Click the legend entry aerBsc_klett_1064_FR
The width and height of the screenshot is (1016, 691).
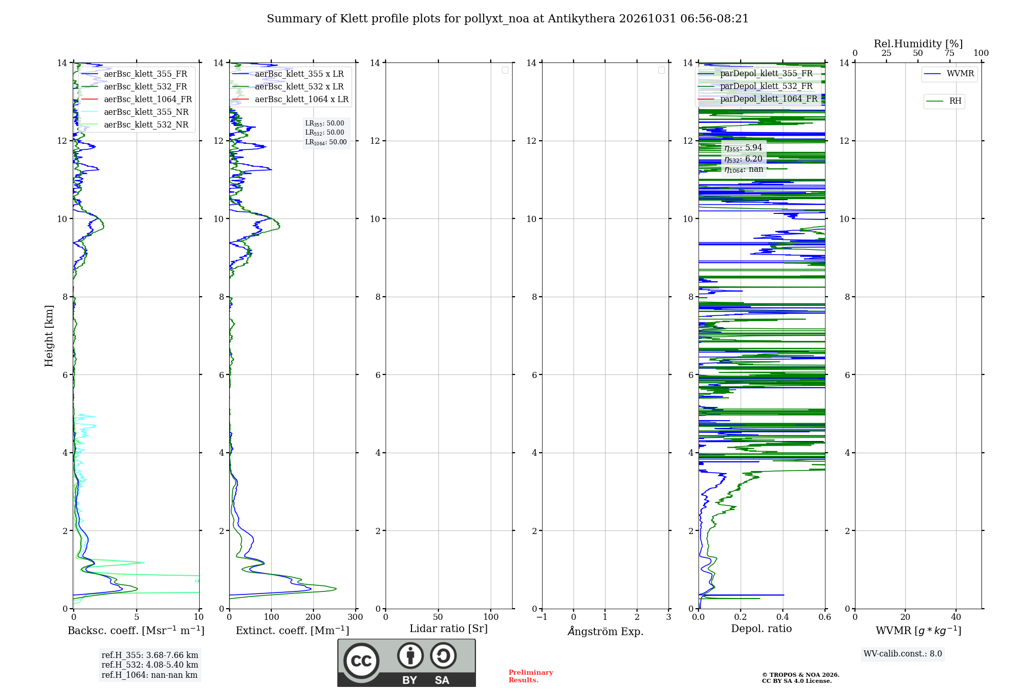point(137,99)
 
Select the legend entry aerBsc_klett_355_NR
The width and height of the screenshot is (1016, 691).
point(135,112)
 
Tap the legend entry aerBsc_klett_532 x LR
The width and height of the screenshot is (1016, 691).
point(288,86)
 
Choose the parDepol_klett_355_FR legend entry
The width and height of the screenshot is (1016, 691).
point(755,73)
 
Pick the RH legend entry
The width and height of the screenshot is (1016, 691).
point(944,101)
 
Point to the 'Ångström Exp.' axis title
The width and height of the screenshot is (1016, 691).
point(606,631)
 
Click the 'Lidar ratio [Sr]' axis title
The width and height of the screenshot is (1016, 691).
point(449,629)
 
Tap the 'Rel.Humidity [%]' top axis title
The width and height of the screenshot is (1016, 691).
point(918,44)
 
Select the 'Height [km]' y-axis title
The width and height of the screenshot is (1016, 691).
point(49,336)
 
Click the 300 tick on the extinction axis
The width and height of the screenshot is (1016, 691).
point(356,617)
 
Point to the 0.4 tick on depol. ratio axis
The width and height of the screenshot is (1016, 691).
point(783,617)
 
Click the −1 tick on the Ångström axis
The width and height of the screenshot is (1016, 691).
point(542,617)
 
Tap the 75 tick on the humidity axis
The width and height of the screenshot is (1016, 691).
point(949,53)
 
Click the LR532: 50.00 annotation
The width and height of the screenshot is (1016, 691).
point(325,133)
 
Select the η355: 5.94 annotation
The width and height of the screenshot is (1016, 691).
point(743,148)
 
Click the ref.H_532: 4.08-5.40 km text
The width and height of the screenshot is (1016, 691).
point(150,665)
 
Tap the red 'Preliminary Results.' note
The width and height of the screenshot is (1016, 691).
point(531,676)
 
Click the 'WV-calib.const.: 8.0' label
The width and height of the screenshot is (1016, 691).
point(903,654)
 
